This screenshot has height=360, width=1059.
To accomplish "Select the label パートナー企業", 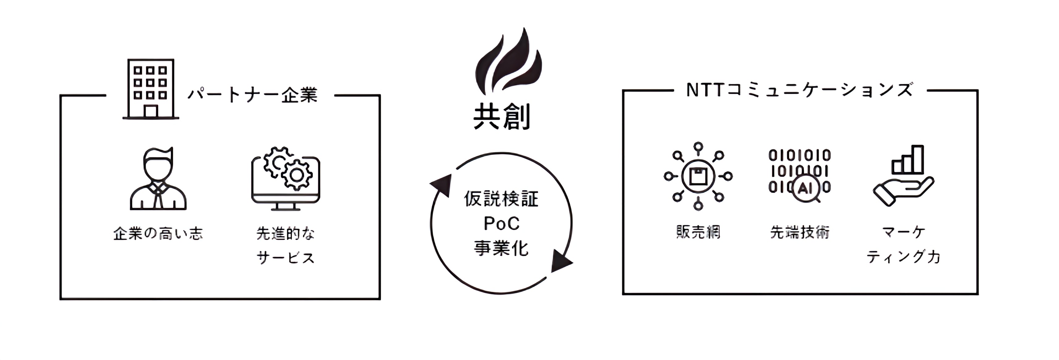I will click(x=252, y=95).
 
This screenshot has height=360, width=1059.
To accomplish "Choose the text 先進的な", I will click(x=285, y=234).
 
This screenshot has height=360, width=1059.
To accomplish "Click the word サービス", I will click(x=285, y=258).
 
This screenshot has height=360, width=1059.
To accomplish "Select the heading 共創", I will click(x=502, y=117).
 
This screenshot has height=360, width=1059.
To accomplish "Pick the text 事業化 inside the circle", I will click(x=501, y=248).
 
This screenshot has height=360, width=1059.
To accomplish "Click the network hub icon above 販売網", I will click(x=698, y=176).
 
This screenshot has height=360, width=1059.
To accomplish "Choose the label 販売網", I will click(x=698, y=232).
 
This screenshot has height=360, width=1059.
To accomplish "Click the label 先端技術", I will click(x=800, y=232).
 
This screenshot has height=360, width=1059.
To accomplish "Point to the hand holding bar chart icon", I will click(x=904, y=176).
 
